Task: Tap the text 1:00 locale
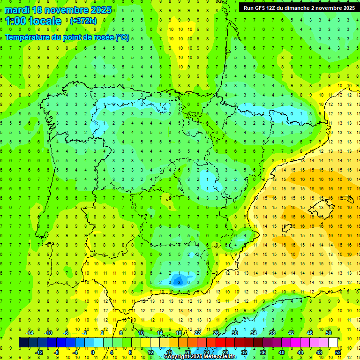(33, 21)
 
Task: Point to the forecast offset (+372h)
(84, 21)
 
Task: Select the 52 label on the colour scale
(338, 352)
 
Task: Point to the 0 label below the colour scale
(92, 352)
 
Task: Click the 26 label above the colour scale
(216, 333)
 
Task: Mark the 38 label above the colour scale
(272, 333)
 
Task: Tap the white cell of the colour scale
(333, 342)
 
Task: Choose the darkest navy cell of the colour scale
(23, 342)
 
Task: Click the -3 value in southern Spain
(178, 282)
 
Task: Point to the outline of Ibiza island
(287, 228)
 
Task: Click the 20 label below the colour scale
(187, 352)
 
